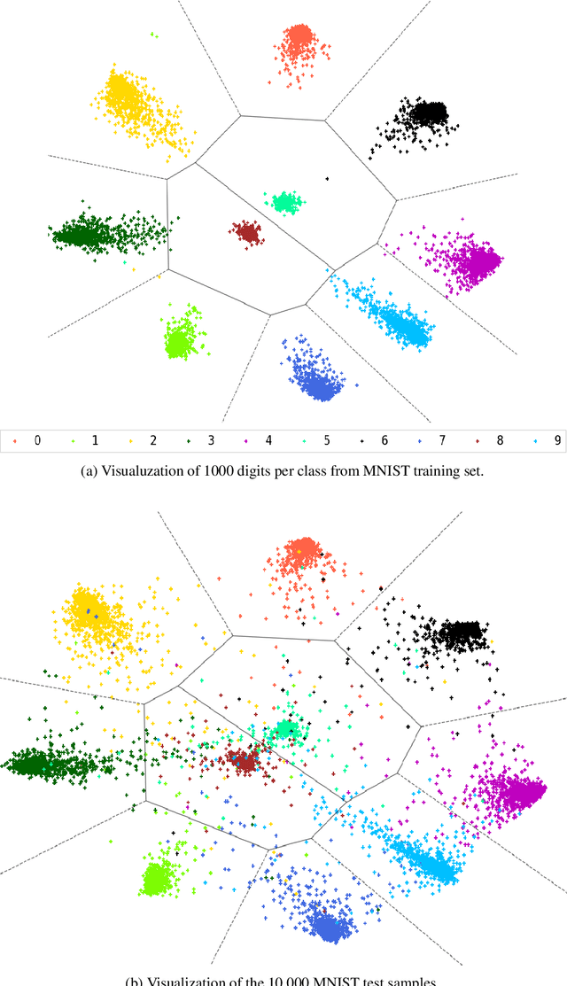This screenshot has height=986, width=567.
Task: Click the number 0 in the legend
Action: point(37,440)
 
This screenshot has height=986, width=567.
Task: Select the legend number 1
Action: point(93,440)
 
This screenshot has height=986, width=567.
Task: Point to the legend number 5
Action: point(318,440)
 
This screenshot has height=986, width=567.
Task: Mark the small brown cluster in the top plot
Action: point(246,233)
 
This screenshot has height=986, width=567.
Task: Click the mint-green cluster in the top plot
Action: point(286,202)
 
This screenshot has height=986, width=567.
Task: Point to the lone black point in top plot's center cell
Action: point(326,180)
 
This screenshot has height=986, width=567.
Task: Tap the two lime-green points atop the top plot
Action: point(154,35)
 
